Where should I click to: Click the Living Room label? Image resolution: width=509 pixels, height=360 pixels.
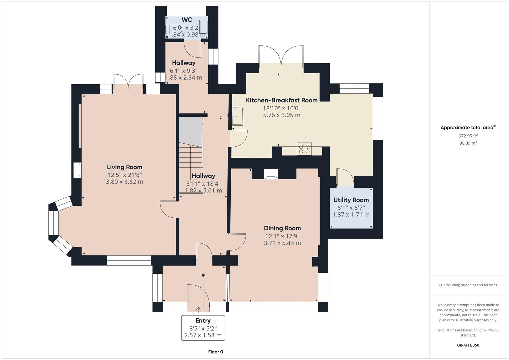tap(124, 167)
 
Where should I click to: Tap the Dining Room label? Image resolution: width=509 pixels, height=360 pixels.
tap(282, 228)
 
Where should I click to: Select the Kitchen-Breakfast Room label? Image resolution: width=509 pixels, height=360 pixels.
tap(282, 100)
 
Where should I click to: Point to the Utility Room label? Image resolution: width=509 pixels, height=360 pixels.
tap(351, 200)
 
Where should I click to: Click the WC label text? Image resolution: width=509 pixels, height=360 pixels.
tap(187, 20)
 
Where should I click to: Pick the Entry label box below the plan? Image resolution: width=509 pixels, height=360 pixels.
tap(203, 328)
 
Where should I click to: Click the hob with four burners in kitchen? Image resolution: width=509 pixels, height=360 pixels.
tap(304, 149)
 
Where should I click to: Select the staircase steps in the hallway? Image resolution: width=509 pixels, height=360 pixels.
tap(191, 157)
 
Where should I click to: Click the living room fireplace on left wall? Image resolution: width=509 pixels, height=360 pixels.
tap(77, 170)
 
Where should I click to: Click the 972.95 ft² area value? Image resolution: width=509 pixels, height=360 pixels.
tap(468, 136)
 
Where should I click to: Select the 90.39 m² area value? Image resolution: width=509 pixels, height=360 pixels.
tap(468, 143)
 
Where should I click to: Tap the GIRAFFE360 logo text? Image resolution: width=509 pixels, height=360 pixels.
tap(468, 345)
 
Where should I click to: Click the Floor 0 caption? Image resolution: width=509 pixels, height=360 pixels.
tap(215, 352)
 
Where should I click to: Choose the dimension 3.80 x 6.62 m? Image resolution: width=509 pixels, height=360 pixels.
tap(124, 182)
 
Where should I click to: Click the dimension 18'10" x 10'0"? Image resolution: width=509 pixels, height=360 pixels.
tap(282, 108)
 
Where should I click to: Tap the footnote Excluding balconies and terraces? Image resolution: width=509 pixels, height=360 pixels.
tap(468, 285)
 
